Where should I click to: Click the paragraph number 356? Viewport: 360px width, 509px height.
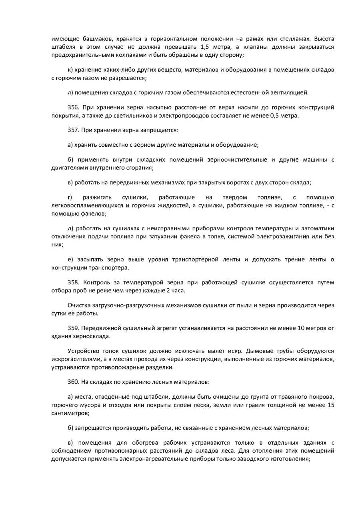(x=73, y=107)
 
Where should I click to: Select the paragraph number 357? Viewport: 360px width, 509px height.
(x=73, y=130)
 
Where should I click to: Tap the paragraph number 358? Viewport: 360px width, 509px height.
(x=73, y=282)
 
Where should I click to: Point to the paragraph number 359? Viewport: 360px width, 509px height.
(x=73, y=328)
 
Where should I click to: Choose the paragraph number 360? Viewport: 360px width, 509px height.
(x=73, y=382)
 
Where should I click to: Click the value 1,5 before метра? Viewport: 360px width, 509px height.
(x=204, y=47)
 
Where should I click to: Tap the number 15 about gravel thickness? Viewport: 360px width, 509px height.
(x=331, y=405)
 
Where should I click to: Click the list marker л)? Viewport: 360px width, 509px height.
(x=71, y=92)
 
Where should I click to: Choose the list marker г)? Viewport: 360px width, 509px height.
(x=70, y=198)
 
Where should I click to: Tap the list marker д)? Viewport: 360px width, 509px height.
(x=71, y=228)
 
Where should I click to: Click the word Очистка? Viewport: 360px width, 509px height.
(x=79, y=305)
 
